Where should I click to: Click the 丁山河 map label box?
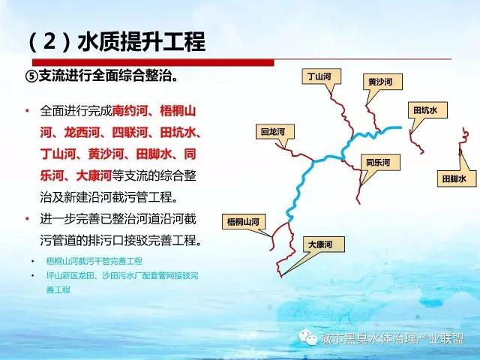pos(322,76)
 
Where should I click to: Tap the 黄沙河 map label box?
pos(382,82)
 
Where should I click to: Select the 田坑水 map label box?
pos(427,110)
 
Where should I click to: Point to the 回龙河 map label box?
pos(275,132)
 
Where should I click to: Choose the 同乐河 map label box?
pos(380,162)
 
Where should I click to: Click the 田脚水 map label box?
pos(457,178)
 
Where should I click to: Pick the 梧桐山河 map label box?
pos(244,222)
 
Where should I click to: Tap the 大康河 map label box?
pos(324,244)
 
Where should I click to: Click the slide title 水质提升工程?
pos(142,42)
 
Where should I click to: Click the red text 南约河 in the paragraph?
pos(130,111)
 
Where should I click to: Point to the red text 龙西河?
pos(82,133)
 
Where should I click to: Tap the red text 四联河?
pos(130,133)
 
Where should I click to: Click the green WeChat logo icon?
pos(308,337)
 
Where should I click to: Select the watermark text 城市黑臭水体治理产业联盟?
pos(393,338)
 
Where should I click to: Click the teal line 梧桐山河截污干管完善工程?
pos(94,261)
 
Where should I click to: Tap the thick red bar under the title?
pos(153,62)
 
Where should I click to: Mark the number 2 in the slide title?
pos(49,42)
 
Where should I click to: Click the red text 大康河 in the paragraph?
pos(94,175)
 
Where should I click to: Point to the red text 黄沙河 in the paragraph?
pos(106,154)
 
